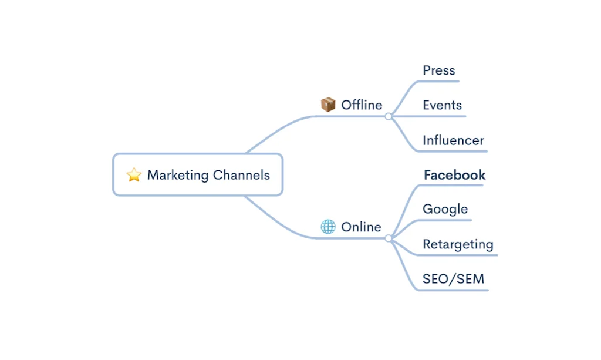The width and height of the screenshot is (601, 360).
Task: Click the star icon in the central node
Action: pos(134,174)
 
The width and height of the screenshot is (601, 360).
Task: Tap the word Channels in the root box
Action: pos(241,174)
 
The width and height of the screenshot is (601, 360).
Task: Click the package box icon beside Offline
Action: pos(328,105)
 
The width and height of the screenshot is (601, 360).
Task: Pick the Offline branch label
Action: pos(362,105)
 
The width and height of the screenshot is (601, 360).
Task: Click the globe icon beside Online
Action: pos(328,227)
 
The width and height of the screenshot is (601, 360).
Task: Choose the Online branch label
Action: pos(361,227)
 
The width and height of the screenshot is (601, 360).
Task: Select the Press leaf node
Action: pos(439,70)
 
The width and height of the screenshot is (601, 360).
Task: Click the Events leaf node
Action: pos(442,105)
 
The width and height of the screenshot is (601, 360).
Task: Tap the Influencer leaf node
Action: pos(453,140)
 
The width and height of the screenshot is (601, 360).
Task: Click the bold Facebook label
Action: pos(454,174)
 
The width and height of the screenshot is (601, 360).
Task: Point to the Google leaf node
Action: pos(445,209)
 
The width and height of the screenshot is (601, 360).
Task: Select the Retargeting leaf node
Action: pos(458,244)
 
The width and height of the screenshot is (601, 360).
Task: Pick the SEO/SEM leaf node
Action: pos(453,279)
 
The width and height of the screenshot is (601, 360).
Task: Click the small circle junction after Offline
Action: pos(388,116)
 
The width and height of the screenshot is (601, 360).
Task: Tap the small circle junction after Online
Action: pos(388,238)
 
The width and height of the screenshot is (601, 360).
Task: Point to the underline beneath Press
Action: pos(440,82)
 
